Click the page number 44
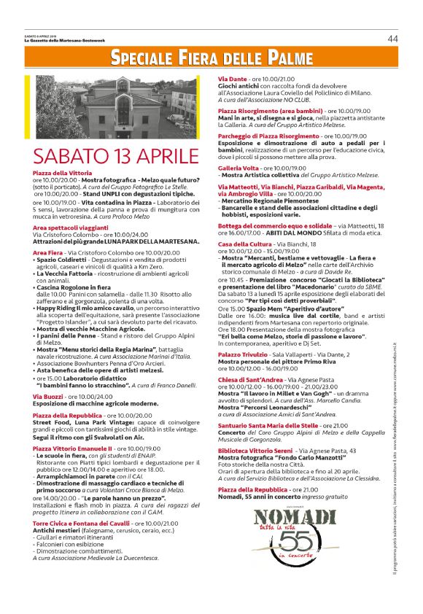(x=392, y=38)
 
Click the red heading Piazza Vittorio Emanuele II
(x=72, y=448)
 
